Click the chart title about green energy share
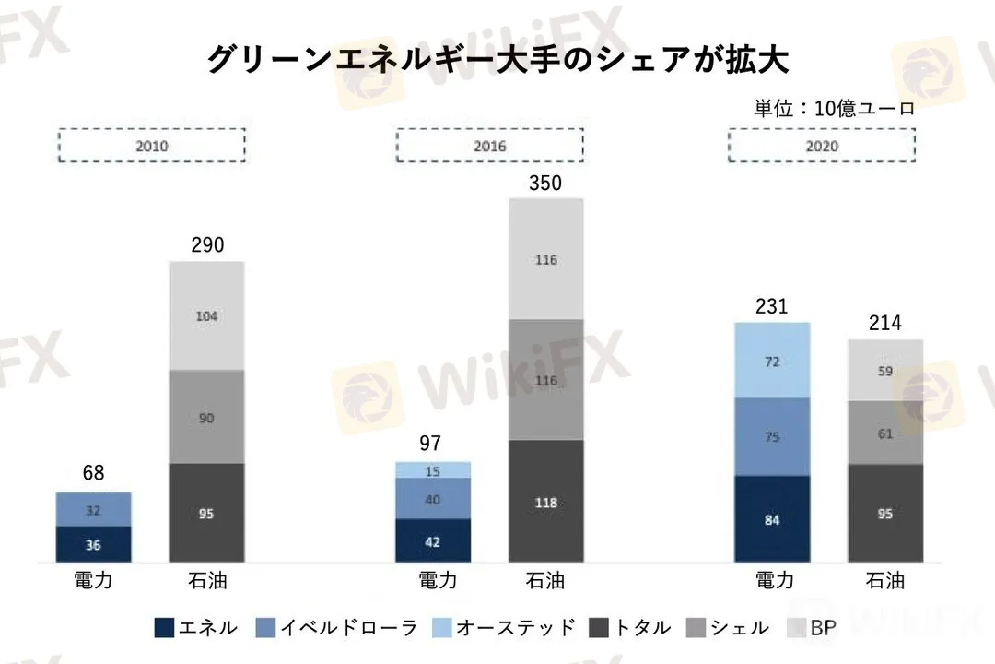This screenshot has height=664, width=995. tap(497, 59)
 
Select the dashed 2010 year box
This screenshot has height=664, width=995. tap(152, 146)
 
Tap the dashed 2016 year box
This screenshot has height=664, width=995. tap(489, 146)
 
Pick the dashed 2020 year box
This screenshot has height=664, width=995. tap(823, 146)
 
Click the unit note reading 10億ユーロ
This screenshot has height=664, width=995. tap(835, 108)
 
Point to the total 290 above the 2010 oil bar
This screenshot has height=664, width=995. tap(206, 245)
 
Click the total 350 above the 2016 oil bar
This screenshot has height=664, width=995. tap(545, 183)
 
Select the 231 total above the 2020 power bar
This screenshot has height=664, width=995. tap(772, 306)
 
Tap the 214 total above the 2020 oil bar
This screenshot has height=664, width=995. tap(884, 323)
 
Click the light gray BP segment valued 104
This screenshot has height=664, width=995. tap(206, 315)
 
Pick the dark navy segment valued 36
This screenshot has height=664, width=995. tap(94, 544)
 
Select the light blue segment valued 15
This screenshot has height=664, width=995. tap(433, 470)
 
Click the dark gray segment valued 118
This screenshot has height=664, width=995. tap(545, 502)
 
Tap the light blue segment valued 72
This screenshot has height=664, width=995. tap(772, 361)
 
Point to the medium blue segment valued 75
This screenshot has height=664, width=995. tap(772, 436)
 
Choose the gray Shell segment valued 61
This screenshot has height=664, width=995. tap(884, 433)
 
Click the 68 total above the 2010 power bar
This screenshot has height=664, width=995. tap(94, 474)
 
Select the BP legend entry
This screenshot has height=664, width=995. tap(811, 628)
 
